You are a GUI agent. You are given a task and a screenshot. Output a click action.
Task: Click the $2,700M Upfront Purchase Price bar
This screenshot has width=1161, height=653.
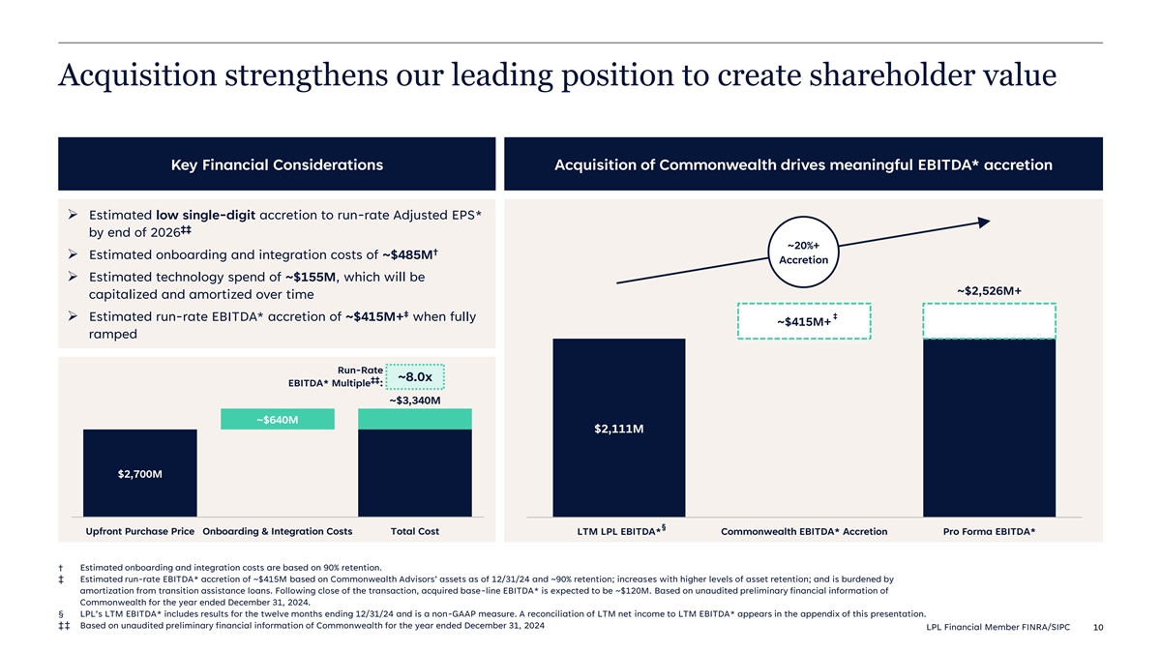(140, 473)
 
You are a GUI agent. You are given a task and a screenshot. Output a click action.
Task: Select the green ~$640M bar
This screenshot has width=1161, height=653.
(278, 419)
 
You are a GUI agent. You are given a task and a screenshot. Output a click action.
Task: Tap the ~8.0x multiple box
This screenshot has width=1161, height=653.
(415, 376)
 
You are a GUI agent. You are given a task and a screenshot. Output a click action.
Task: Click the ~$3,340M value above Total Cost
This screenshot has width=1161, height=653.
(415, 401)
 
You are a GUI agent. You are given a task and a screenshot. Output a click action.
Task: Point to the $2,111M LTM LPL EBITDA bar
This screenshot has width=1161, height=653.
(619, 428)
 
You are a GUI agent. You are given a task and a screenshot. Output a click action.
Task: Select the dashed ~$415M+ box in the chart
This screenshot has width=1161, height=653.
(804, 321)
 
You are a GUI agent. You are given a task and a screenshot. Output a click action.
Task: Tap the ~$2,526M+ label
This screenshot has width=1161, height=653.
(989, 291)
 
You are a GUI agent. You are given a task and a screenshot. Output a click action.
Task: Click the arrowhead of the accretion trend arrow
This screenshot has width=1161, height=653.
(984, 223)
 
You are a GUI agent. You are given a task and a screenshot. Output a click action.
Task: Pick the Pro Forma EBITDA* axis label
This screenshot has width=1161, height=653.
(989, 531)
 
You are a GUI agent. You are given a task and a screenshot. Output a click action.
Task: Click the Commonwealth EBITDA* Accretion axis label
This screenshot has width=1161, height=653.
(804, 531)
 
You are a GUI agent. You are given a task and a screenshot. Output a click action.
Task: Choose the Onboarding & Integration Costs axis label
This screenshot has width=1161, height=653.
(278, 531)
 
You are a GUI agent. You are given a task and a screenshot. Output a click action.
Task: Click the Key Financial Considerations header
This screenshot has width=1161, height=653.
(277, 164)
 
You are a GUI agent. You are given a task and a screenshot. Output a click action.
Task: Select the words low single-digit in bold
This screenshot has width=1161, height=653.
(205, 215)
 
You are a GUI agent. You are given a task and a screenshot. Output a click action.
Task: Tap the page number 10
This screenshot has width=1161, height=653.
(1098, 627)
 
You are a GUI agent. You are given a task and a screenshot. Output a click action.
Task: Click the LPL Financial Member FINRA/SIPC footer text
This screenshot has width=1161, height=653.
(997, 627)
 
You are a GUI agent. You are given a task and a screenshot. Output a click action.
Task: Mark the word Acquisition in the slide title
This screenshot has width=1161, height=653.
(137, 75)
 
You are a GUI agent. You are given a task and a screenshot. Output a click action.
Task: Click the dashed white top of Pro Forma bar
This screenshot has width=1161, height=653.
(989, 321)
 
